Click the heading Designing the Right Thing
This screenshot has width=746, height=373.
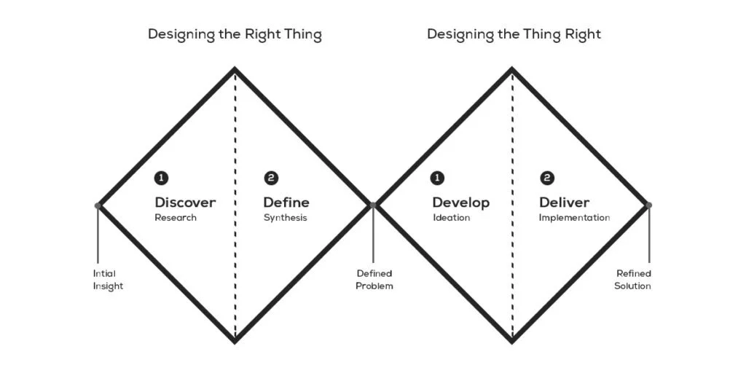pos(235,34)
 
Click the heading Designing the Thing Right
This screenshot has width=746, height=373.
pos(514,34)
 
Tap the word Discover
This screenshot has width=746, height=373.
pos(185,203)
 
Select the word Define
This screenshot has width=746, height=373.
pos(286,203)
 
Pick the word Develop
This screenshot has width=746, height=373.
pos(461,203)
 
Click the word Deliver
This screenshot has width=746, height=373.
pos(565,203)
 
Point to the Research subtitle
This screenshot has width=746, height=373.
pos(176,218)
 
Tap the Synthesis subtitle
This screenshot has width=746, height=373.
pos(285,218)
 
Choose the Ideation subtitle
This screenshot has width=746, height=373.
pos(451,218)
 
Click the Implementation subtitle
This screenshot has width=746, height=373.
pos(574,218)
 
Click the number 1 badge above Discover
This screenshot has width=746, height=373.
pos(161,178)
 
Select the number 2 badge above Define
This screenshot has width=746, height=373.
pos(271,178)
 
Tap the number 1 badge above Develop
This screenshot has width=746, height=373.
pos(438,178)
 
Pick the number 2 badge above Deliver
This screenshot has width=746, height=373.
pos(547,178)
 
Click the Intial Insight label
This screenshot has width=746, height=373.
pos(108,280)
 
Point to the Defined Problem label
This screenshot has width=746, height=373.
pos(374,280)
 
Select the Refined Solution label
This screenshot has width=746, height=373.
pos(632,280)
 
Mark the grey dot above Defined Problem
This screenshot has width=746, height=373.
pos(373,205)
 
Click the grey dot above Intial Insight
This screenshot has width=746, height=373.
pos(98,205)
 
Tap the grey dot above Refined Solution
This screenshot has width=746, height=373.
pos(648,205)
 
